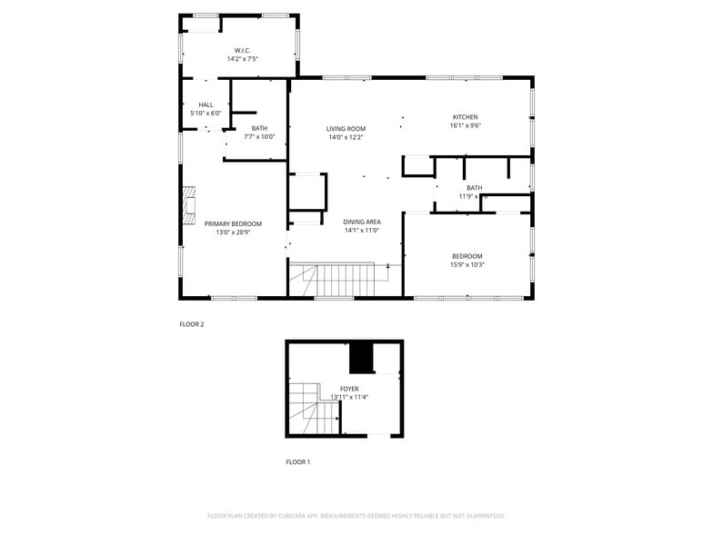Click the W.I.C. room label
(x=242, y=50)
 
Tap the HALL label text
(x=206, y=104)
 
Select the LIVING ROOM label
(x=346, y=129)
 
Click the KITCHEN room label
(x=465, y=117)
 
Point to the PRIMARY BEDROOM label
(x=233, y=223)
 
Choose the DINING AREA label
(x=361, y=222)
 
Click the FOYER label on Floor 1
(x=349, y=389)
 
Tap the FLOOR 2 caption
(x=191, y=323)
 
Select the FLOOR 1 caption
(x=298, y=462)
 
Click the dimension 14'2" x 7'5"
(x=242, y=59)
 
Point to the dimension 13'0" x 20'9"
(x=233, y=232)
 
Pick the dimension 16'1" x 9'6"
(x=465, y=126)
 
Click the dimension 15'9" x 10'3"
(x=467, y=265)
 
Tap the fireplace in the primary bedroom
(x=188, y=205)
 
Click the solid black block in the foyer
(x=363, y=358)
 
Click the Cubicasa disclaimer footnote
(x=356, y=516)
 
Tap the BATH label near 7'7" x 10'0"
(x=259, y=128)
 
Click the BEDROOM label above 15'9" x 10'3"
(x=467, y=256)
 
